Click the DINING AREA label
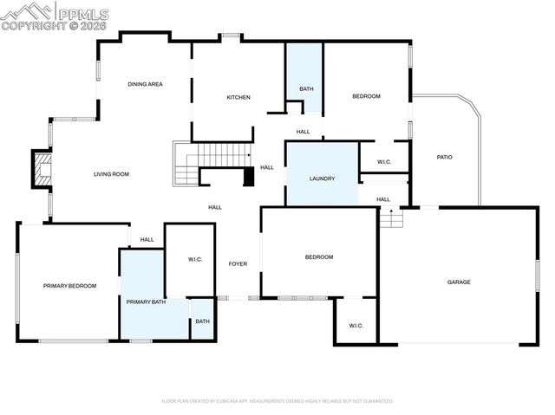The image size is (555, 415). point(145,84)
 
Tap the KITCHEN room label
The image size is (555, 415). point(238,97)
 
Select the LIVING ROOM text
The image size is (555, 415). point(111,174)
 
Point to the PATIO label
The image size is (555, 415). point(444,157)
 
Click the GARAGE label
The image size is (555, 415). point(459,282)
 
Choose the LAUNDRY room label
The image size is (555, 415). point(322,179)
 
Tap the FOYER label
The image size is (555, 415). point(238,263)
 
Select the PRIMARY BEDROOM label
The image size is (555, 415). point(69,285)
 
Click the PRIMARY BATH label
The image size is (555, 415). point(146,302)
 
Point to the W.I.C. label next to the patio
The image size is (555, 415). point(385,162)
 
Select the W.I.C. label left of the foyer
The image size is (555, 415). point(195,259)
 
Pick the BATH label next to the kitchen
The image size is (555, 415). point(306,88)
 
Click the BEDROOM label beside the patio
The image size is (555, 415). point(366,96)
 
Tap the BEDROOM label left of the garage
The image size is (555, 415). point(318,257)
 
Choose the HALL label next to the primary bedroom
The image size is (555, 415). point(147,239)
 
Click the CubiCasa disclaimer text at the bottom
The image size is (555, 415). point(277,401)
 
